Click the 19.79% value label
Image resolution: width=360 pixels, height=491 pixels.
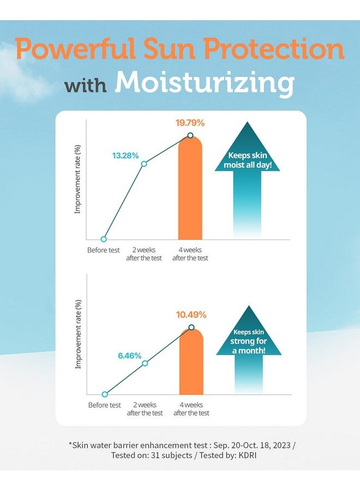190,123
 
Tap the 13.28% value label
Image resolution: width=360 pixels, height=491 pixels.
125,155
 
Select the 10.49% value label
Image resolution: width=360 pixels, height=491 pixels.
191,315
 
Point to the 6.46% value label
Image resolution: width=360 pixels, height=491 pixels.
130,356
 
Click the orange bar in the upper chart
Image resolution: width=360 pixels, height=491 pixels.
190,188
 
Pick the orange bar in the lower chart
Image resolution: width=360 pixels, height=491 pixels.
191,361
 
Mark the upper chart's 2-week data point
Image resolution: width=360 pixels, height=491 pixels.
144,164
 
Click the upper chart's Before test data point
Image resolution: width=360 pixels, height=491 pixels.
104,239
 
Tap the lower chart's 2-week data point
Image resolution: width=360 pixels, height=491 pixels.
145,363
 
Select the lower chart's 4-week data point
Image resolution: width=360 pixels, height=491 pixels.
191,327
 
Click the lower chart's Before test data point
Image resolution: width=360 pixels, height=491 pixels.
105,394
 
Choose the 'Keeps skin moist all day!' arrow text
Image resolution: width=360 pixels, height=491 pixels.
247,160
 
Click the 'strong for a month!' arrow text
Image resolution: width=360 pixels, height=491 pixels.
249,346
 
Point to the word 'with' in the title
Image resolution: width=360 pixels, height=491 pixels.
86,86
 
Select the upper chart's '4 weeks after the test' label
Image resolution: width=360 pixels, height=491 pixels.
190,254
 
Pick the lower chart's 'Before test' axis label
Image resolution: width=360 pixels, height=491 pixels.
105,405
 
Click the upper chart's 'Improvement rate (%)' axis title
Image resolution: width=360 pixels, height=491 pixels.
77,179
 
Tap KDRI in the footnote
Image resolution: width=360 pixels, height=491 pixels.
248,456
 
